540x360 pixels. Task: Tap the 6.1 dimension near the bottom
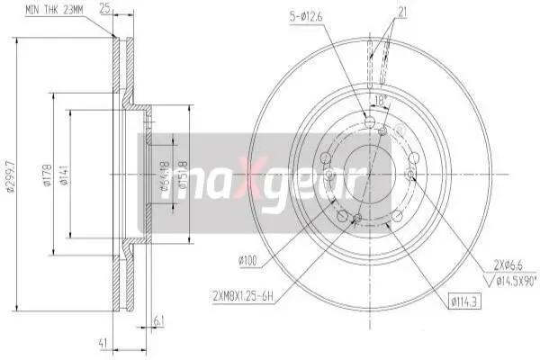[158, 319]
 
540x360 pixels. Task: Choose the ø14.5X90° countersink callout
[507, 280]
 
